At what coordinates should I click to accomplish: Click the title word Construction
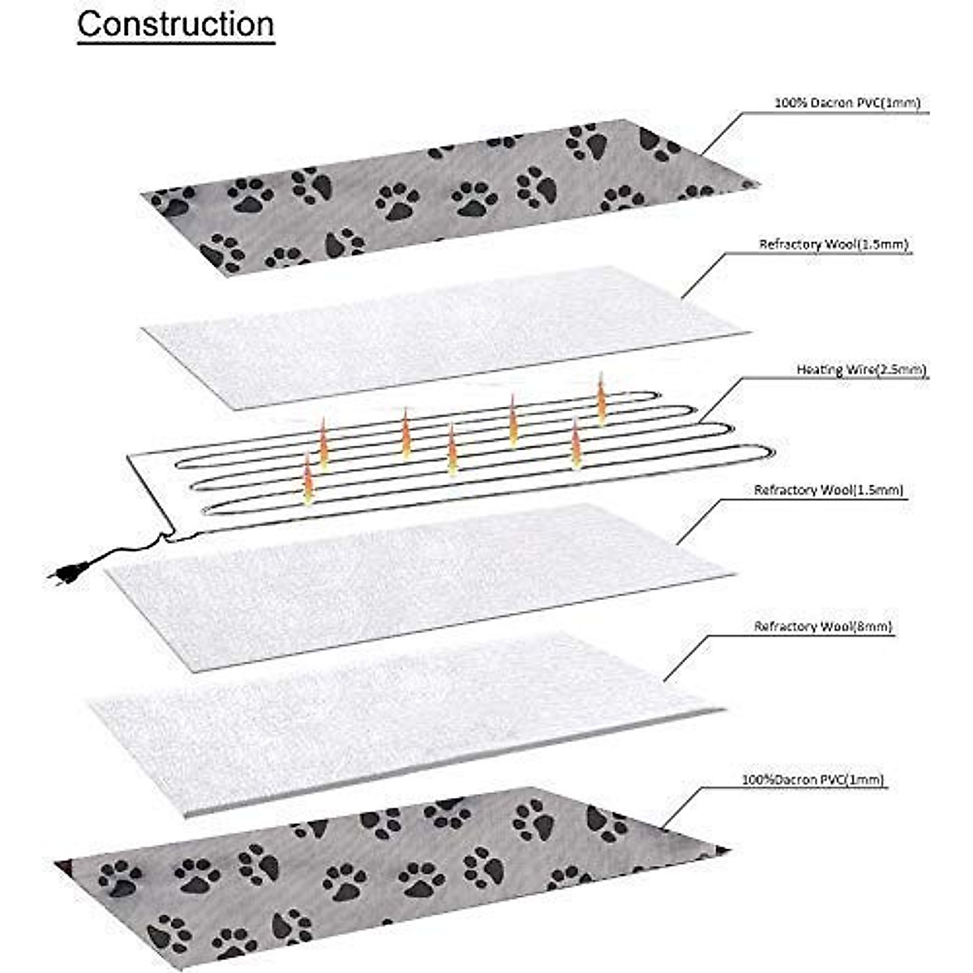(x=175, y=24)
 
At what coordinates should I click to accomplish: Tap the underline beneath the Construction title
(x=175, y=41)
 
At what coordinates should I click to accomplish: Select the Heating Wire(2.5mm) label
(x=861, y=370)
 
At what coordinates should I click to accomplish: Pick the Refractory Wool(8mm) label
(x=824, y=626)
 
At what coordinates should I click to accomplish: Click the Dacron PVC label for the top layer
(x=847, y=103)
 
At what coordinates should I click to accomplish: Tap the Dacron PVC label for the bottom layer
(x=812, y=780)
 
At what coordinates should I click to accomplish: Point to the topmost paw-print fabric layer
(x=446, y=195)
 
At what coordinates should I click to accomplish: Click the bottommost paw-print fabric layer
(x=389, y=868)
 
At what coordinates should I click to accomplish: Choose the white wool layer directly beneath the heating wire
(x=422, y=584)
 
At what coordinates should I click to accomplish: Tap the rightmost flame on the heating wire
(x=602, y=399)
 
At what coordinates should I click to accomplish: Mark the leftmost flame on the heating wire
(x=308, y=480)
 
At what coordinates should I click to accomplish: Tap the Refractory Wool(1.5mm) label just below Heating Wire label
(x=828, y=490)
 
